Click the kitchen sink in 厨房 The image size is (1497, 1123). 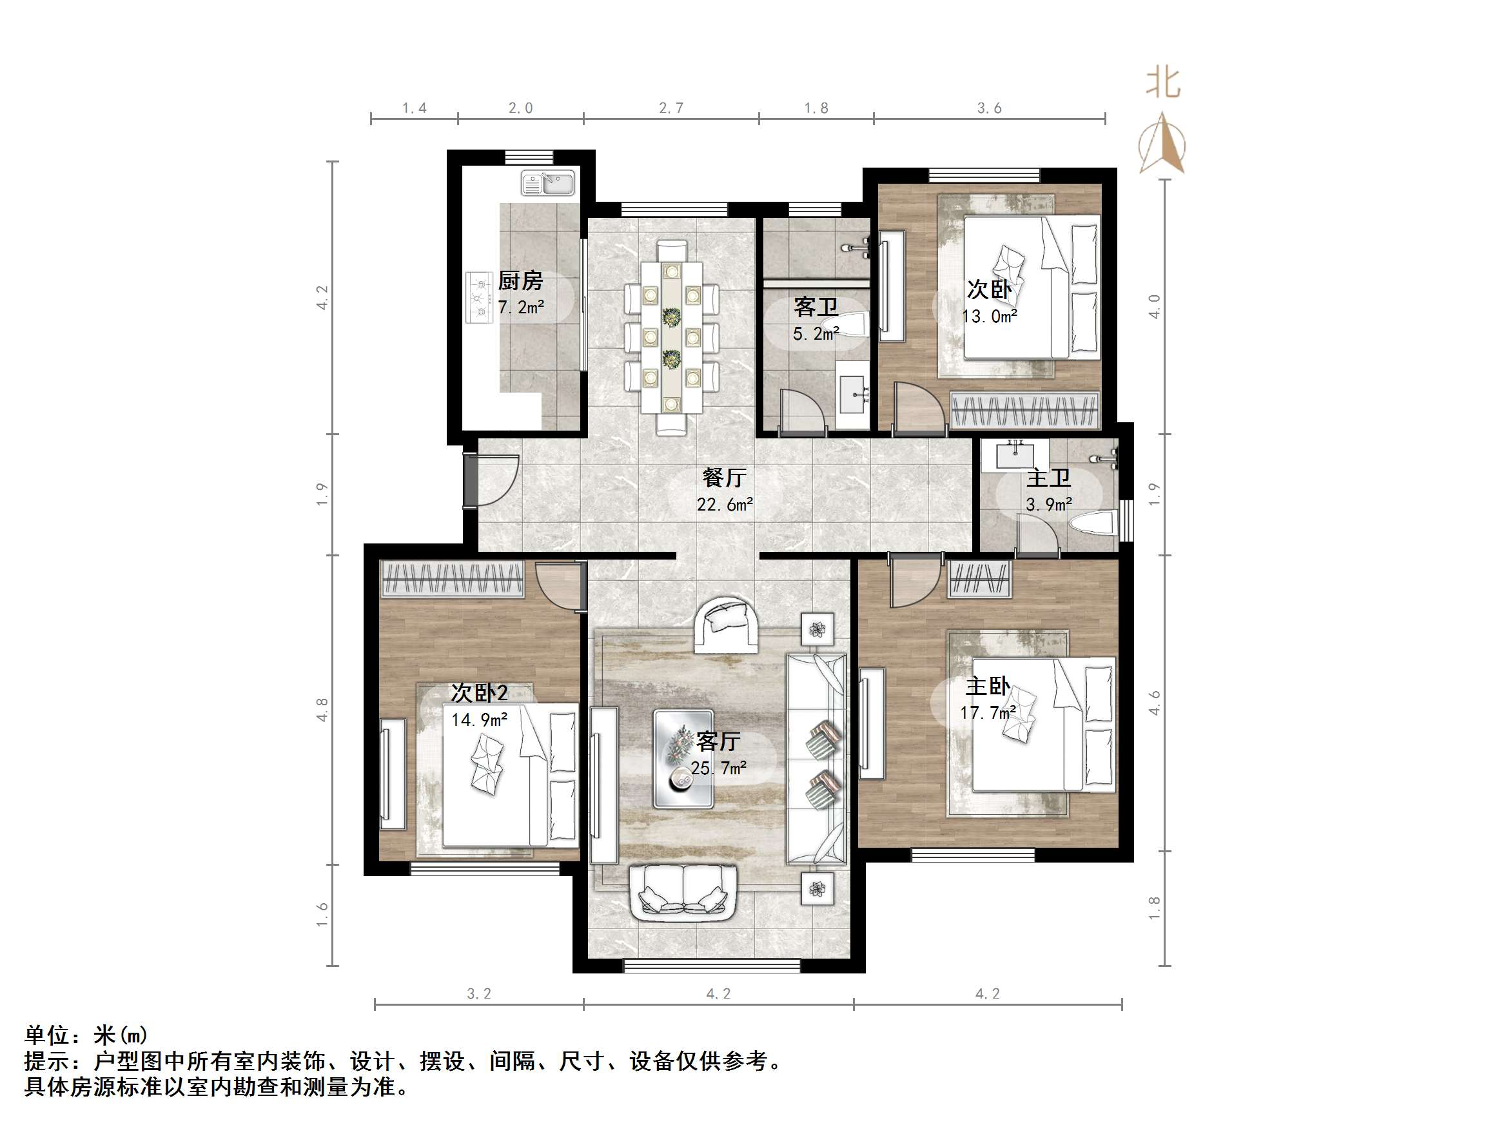547,184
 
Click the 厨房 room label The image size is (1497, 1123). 520,280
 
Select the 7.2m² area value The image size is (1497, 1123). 520,308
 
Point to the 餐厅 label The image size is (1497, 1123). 724,478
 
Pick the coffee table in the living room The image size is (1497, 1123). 683,758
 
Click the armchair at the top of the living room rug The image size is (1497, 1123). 727,625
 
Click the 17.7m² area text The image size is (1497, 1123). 988,713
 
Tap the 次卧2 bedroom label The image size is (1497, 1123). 479,693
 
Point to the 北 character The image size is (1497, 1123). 1162,84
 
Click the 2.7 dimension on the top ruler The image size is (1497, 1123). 670,108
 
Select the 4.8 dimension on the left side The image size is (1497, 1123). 323,709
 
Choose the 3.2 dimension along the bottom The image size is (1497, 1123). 479,993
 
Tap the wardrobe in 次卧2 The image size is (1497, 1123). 453,579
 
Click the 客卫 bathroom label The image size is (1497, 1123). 816,308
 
